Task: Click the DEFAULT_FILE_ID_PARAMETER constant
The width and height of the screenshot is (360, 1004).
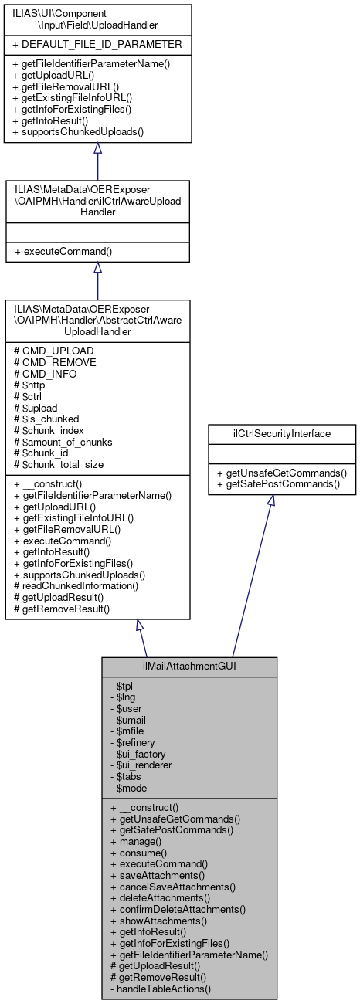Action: (x=97, y=44)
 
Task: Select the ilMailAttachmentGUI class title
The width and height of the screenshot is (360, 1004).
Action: (x=189, y=665)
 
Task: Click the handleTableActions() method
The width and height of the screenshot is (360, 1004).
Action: (x=163, y=989)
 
